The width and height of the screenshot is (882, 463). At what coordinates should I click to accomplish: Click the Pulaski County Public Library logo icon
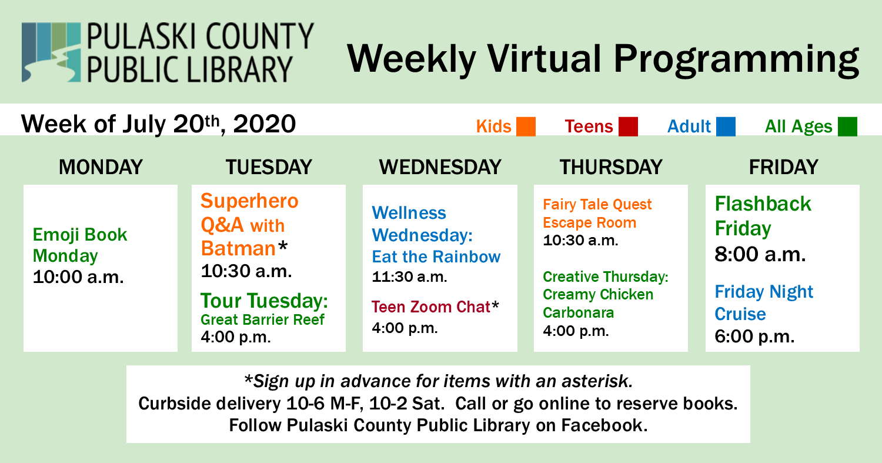coord(51,52)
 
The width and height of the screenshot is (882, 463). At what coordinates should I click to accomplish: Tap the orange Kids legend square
coord(526,126)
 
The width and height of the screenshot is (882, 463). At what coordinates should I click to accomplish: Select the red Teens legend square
coord(628,126)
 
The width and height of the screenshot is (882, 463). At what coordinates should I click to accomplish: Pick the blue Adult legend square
coord(726,126)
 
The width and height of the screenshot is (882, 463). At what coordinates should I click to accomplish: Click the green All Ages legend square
coord(847,126)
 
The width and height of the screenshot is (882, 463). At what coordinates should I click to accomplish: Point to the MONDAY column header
coord(101,167)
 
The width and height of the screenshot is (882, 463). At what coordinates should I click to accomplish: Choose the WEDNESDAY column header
coord(440,167)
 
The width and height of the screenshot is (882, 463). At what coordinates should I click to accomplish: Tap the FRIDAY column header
coord(784,167)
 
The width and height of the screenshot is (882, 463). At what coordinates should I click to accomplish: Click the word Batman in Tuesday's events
coord(238,248)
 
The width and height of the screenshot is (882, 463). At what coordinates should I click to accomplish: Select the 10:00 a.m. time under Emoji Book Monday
coord(78,277)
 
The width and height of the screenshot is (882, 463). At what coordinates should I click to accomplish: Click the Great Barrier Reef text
coord(262,319)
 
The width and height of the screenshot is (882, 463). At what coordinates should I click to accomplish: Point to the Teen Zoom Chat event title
coord(431,307)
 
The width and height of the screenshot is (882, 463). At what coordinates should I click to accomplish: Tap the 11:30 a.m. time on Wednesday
coord(409,277)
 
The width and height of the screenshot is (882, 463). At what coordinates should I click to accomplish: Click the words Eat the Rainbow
coord(436,257)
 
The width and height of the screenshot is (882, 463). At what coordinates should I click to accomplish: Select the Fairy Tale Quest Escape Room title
coord(597,214)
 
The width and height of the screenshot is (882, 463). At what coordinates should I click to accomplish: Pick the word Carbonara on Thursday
coord(579,312)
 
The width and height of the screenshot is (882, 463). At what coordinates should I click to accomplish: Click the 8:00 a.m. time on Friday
coord(760,254)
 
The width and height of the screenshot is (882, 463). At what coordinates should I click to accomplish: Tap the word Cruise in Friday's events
coord(740,314)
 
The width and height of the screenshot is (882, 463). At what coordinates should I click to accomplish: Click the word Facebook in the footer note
coord(604,425)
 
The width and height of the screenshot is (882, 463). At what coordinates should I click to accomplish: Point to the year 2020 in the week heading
coord(264,124)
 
